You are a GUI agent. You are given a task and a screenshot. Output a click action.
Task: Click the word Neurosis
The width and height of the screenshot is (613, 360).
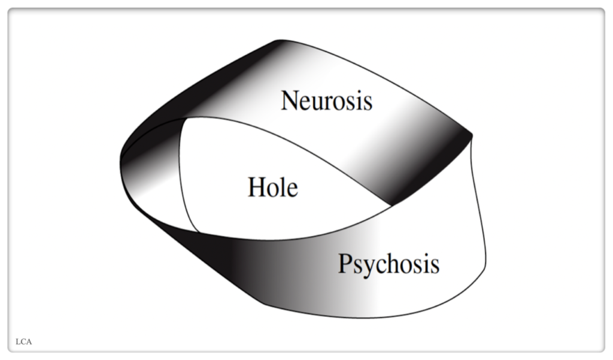click(327, 100)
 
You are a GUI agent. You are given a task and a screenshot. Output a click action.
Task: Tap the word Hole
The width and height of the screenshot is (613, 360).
click(272, 187)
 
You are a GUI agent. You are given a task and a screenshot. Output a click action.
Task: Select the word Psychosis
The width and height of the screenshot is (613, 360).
click(389, 264)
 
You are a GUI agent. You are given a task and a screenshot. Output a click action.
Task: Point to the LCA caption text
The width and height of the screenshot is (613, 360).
click(23, 342)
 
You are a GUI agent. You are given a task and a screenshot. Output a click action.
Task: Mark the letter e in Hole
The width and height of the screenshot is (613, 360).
click(291, 190)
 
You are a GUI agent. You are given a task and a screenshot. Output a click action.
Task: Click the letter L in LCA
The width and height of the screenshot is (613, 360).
click(19, 342)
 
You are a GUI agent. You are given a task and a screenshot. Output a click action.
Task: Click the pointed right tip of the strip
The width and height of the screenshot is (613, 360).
click(472, 136)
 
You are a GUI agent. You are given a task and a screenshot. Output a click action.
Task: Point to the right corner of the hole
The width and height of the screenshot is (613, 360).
click(390, 205)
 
